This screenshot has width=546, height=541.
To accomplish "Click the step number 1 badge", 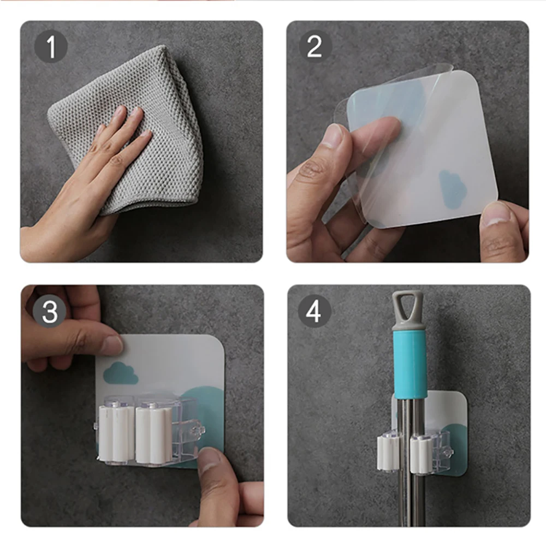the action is tap(51, 46).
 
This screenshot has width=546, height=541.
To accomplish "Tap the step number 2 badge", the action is tap(315, 46).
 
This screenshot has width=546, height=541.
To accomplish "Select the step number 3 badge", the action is tap(50, 311).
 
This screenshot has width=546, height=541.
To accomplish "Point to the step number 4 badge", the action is tap(314, 311).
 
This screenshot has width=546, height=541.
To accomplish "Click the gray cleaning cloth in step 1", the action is tap(132, 129).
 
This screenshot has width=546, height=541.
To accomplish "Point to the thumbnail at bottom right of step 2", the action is tap(498, 213).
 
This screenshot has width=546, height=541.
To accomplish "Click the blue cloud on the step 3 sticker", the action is tap(121, 373).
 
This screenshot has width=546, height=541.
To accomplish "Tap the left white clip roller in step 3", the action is tap(116, 433).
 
